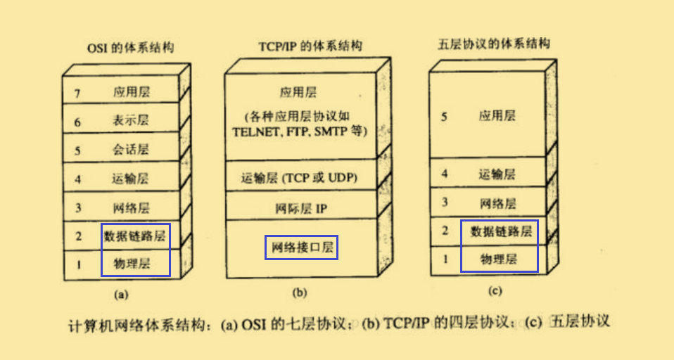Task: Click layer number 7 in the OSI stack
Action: click(77, 92)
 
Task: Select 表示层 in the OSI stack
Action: click(131, 120)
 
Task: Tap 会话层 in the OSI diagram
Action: click(131, 150)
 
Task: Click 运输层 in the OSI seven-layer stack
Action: click(131, 179)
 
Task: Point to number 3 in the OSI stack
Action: click(77, 207)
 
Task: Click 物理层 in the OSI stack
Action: click(135, 264)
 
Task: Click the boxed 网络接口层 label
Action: click(301, 247)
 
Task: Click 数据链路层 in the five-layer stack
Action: click(501, 231)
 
